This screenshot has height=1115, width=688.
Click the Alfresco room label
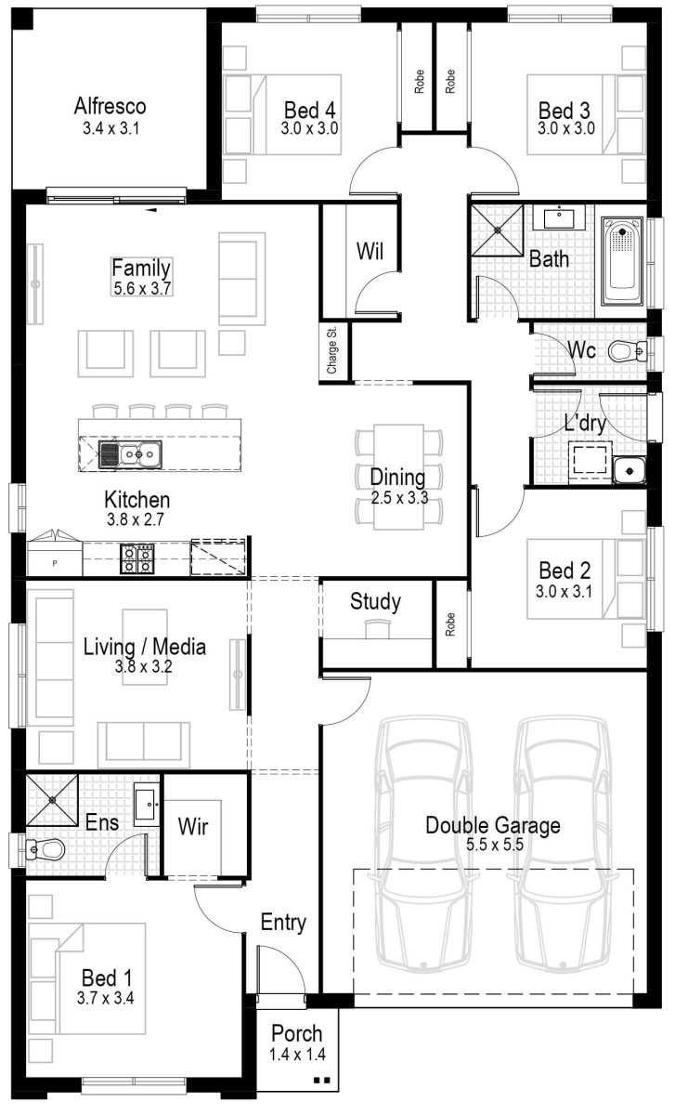110,106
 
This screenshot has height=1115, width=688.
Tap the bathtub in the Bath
623,261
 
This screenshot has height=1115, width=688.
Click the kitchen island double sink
129,454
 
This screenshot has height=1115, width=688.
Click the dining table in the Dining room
398,477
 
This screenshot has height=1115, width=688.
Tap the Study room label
375,602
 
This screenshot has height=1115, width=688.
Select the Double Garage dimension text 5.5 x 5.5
492,845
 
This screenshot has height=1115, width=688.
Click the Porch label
297,1033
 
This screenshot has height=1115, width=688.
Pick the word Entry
283,923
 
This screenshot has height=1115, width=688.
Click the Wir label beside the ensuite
192,825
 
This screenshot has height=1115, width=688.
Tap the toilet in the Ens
45,848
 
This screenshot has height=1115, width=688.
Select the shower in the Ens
50,798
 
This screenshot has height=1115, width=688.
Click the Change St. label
332,352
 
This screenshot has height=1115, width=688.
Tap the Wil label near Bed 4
370,251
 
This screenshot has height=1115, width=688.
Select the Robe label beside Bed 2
451,623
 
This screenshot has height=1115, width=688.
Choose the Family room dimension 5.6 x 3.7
141,288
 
